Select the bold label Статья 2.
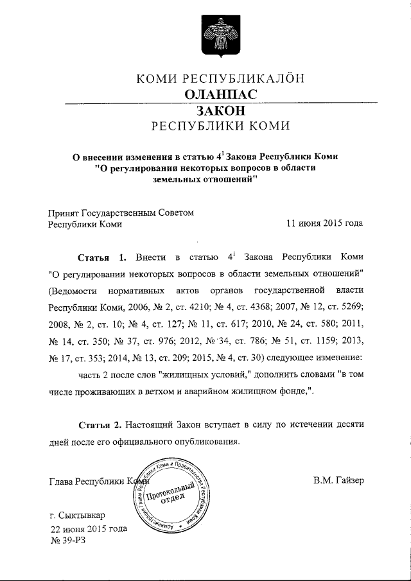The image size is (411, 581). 99,425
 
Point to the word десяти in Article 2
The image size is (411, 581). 347,425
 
